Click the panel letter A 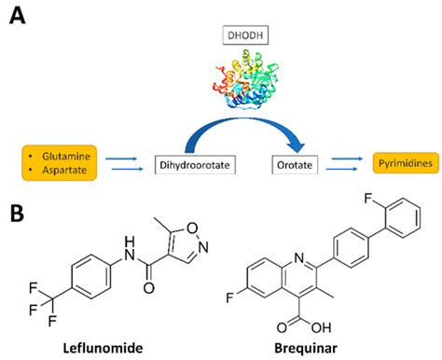tap(18, 16)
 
